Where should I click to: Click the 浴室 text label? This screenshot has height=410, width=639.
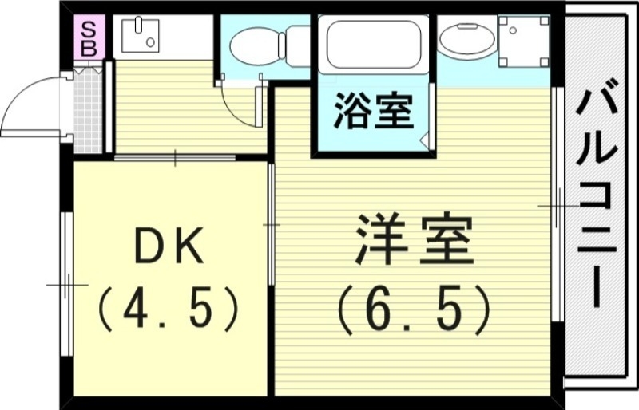point(373,111)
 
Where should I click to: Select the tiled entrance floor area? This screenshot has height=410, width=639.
point(89,112)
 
